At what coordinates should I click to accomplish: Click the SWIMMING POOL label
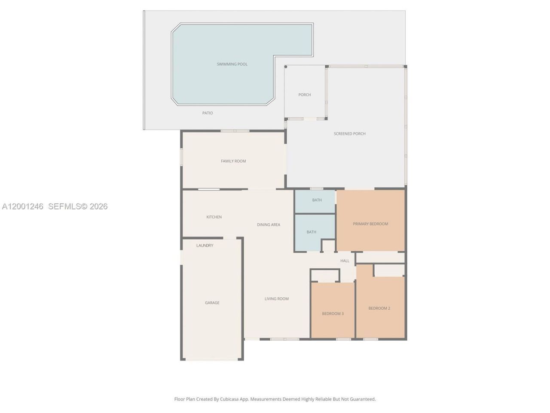[232, 64]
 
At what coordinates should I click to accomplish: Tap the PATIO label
[208, 113]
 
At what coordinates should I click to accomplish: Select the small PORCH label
[305, 95]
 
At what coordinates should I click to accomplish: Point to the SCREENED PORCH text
[350, 134]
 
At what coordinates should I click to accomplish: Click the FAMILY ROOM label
[233, 161]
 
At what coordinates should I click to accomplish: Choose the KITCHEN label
[214, 217]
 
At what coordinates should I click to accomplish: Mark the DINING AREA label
[269, 225]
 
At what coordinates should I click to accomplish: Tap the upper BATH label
[317, 200]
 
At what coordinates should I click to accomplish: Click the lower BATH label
[312, 232]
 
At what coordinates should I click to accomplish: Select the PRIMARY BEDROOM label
[370, 224]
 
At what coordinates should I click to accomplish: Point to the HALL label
[345, 261]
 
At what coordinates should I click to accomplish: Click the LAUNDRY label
[205, 246]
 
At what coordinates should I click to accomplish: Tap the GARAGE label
[212, 303]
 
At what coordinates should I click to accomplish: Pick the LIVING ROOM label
[276, 299]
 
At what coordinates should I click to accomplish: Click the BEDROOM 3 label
[333, 314]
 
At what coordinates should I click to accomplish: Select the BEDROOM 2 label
[379, 308]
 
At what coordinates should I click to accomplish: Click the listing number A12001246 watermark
[23, 206]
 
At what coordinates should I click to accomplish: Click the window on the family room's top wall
[235, 131]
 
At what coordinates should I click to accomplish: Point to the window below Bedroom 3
[343, 339]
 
